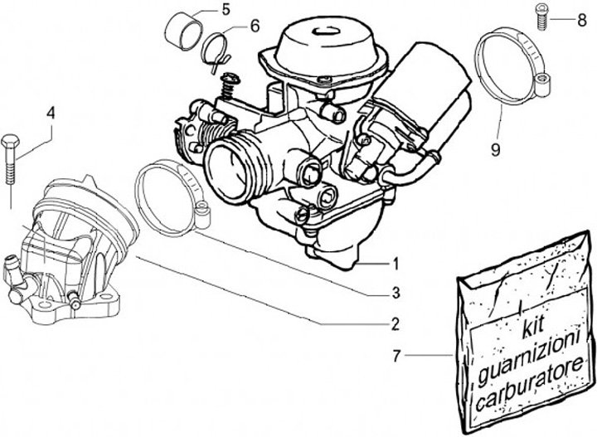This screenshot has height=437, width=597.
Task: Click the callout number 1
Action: tap(396, 265)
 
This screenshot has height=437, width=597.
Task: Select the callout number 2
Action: tap(396, 323)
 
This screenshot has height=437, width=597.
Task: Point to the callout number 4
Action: tap(51, 111)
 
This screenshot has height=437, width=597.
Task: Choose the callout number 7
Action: tap(396, 357)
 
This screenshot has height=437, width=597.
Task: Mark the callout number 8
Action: tap(580, 17)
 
